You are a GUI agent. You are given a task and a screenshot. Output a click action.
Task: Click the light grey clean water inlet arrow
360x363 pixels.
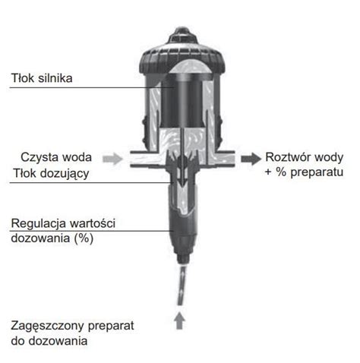(112, 159)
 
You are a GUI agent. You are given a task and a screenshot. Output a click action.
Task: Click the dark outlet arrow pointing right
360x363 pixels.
(251, 159)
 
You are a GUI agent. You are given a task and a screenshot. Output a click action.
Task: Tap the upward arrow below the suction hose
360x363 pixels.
(179, 320)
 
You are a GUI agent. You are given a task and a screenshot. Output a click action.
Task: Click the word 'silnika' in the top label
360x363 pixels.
(55, 78)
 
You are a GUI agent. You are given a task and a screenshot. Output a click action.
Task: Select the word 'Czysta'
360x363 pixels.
(39, 157)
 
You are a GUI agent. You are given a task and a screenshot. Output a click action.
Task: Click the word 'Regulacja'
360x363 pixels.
(39, 223)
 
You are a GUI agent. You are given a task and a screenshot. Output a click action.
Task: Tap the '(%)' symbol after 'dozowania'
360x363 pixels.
(84, 238)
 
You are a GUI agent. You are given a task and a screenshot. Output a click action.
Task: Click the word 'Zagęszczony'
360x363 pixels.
(47, 326)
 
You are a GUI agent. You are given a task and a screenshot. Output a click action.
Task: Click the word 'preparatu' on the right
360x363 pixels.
(317, 172)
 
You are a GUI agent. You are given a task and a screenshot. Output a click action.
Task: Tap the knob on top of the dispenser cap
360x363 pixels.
(182, 36)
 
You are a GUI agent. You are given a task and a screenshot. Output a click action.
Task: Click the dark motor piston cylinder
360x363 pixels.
(182, 101)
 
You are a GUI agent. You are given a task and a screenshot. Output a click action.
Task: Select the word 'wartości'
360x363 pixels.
(92, 223)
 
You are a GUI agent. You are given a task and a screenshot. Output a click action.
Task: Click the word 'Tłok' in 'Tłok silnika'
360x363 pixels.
(23, 78)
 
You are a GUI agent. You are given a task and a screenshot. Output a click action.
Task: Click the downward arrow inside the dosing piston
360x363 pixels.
(182, 175)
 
